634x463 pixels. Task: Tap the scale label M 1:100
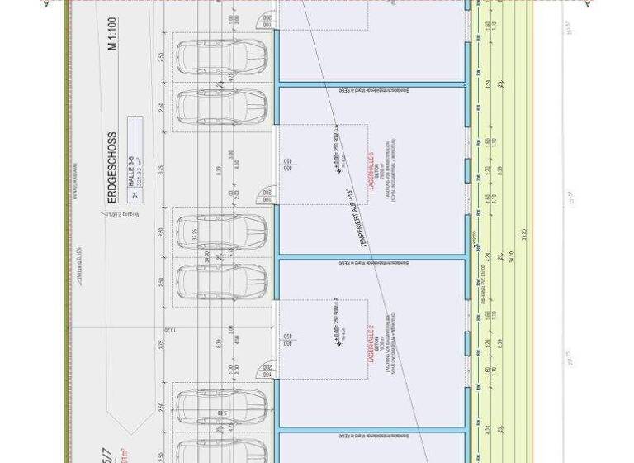point(112,59)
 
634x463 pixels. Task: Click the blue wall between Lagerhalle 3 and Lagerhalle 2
point(371,259)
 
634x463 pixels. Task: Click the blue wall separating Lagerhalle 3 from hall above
point(371,84)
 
